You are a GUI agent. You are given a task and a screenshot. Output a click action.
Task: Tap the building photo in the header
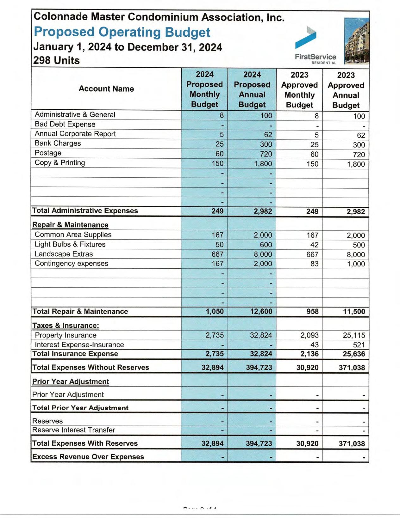[357, 41]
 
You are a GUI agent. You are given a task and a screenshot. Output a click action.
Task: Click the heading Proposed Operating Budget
[122, 32]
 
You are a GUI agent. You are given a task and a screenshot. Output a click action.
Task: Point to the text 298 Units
[56, 60]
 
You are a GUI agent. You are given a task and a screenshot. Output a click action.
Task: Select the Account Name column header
[106, 89]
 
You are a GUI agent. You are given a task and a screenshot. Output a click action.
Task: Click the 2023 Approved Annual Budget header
[346, 90]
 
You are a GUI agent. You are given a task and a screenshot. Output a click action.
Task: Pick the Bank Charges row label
[58, 143]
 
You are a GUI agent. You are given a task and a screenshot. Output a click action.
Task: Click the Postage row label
[48, 153]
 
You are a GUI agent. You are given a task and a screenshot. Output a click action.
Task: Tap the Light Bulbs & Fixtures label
[70, 244]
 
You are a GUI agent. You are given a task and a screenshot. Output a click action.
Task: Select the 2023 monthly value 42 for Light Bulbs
[314, 245]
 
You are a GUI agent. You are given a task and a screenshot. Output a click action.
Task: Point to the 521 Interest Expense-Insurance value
[359, 345]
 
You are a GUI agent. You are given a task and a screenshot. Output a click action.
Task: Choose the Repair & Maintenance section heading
[70, 225]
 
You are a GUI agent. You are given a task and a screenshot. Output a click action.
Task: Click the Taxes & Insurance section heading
[66, 326]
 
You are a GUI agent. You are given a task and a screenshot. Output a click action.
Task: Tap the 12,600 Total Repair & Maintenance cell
[261, 312]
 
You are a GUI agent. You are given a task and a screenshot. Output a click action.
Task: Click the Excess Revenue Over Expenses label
[88, 457]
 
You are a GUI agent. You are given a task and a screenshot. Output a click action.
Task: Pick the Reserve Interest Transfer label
[73, 430]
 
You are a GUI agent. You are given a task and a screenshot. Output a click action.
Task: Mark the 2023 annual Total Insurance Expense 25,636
[354, 354]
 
